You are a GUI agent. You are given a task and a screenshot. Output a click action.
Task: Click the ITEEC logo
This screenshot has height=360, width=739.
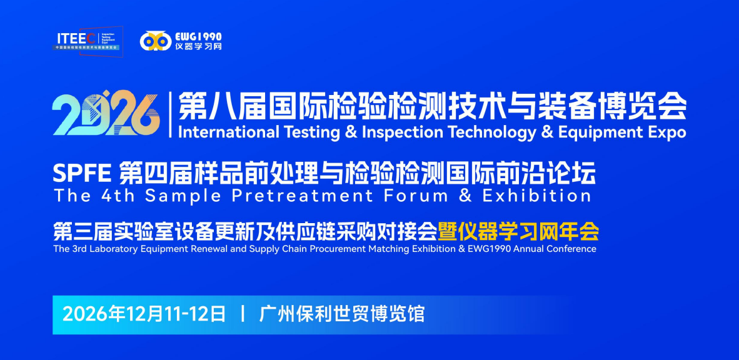[88, 41]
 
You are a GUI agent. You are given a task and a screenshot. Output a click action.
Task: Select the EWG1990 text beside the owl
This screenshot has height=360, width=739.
[198, 36]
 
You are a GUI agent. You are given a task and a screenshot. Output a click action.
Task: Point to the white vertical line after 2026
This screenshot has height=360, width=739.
[170, 114]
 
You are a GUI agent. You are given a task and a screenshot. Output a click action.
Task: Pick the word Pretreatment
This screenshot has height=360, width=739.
[299, 196]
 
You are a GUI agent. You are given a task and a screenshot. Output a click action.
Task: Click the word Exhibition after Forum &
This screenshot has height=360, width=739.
[536, 196]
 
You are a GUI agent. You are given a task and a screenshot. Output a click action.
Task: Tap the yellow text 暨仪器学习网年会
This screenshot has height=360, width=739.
[518, 231]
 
